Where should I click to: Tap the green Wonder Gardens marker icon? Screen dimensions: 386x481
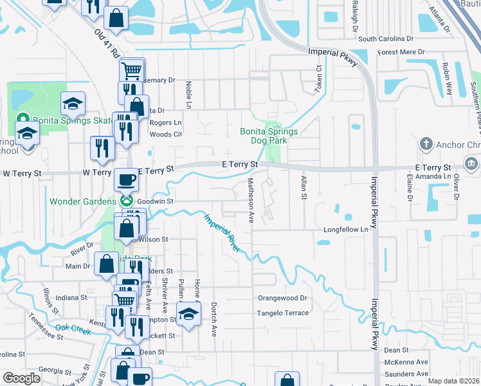[127, 200]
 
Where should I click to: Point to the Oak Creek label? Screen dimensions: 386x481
[73, 329]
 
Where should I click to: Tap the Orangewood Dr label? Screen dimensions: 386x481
[283, 299]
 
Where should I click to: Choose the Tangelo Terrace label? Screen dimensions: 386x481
[283, 313]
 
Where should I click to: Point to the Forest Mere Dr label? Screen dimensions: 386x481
[402, 52]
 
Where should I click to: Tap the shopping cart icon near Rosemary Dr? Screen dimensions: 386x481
[131, 69]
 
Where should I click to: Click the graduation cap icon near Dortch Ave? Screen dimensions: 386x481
[188, 314]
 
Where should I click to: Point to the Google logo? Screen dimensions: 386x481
[22, 378]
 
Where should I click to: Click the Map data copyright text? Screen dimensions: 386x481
[453, 381]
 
